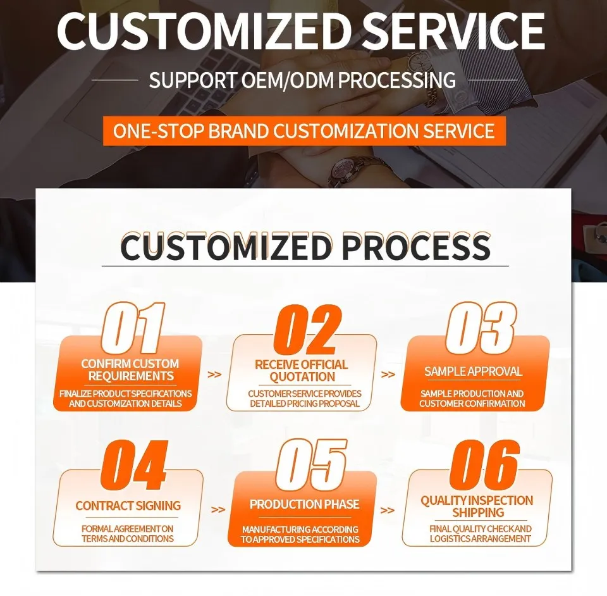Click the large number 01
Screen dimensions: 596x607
click(133, 328)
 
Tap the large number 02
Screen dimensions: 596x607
click(308, 330)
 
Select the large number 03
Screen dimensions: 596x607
click(481, 328)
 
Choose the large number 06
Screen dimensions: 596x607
click(484, 466)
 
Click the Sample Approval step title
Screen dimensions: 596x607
click(473, 371)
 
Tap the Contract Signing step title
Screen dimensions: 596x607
click(128, 506)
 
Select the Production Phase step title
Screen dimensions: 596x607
click(304, 504)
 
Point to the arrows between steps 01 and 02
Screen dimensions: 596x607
click(215, 374)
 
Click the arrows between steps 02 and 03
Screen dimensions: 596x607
click(388, 374)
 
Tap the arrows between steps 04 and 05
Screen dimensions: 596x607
click(218, 509)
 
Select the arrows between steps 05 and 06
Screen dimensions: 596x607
click(388, 510)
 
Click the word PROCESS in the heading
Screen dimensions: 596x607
click(417, 247)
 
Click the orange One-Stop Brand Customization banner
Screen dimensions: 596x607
click(303, 131)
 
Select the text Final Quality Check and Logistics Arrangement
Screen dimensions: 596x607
click(481, 533)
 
